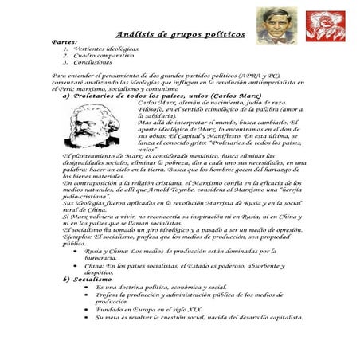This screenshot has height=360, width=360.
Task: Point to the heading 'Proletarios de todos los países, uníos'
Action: [157, 95]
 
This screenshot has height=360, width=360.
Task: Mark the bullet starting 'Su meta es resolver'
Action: [198, 317]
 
